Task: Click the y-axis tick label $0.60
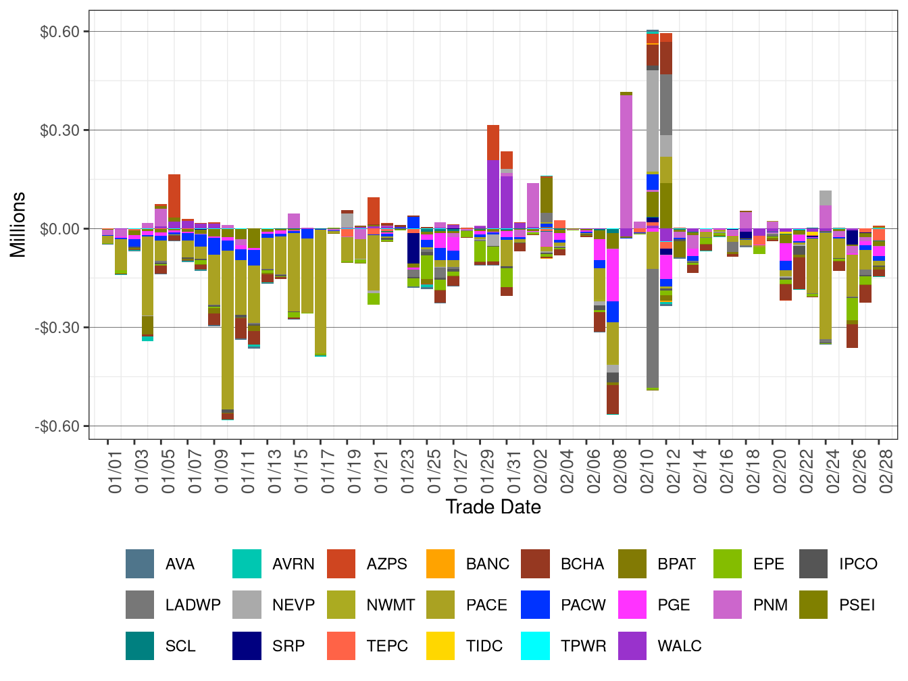[x=59, y=32]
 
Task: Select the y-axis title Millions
[x=18, y=225]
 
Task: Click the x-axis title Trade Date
[x=493, y=507]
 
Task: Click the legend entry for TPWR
[x=583, y=646]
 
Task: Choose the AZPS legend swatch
[x=341, y=564]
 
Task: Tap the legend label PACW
[x=583, y=605]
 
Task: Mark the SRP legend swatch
[x=247, y=646]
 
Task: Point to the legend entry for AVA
[x=180, y=564]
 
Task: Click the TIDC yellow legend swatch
[x=440, y=646]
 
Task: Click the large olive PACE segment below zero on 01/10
[x=228, y=324]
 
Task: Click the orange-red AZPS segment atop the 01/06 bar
[x=174, y=196]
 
